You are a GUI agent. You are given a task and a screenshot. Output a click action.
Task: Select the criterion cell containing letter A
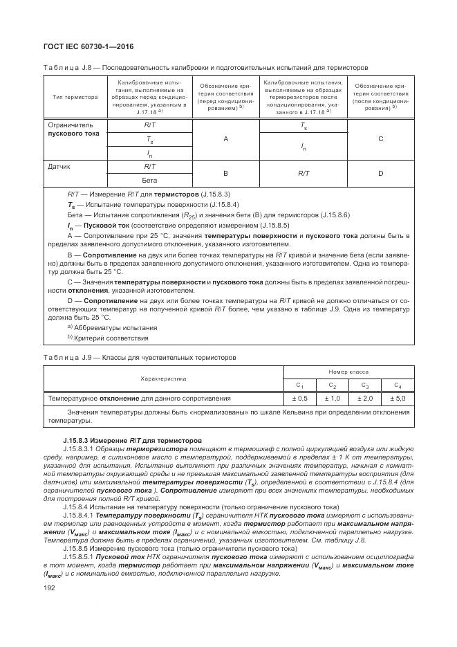[x=225, y=139]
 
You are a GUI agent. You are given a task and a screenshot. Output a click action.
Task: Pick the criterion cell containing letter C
[x=380, y=139]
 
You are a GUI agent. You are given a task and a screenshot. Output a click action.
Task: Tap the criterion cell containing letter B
[x=225, y=173]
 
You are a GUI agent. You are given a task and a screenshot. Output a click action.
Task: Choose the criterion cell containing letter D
[x=380, y=173]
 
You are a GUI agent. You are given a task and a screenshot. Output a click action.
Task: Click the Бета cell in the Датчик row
[x=149, y=180]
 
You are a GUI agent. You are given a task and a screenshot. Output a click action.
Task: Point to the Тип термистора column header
[x=75, y=98]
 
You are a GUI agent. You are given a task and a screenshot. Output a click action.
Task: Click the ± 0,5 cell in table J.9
[x=299, y=399]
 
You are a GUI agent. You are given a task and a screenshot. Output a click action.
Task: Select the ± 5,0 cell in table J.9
[x=397, y=399]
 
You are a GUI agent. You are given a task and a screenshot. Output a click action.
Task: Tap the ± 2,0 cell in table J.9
[x=364, y=399]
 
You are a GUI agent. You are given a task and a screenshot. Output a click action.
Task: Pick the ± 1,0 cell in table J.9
[x=332, y=399]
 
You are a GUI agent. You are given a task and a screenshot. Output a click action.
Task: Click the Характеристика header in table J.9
[x=164, y=379]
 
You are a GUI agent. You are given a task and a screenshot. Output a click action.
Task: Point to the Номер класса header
[x=348, y=372]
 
